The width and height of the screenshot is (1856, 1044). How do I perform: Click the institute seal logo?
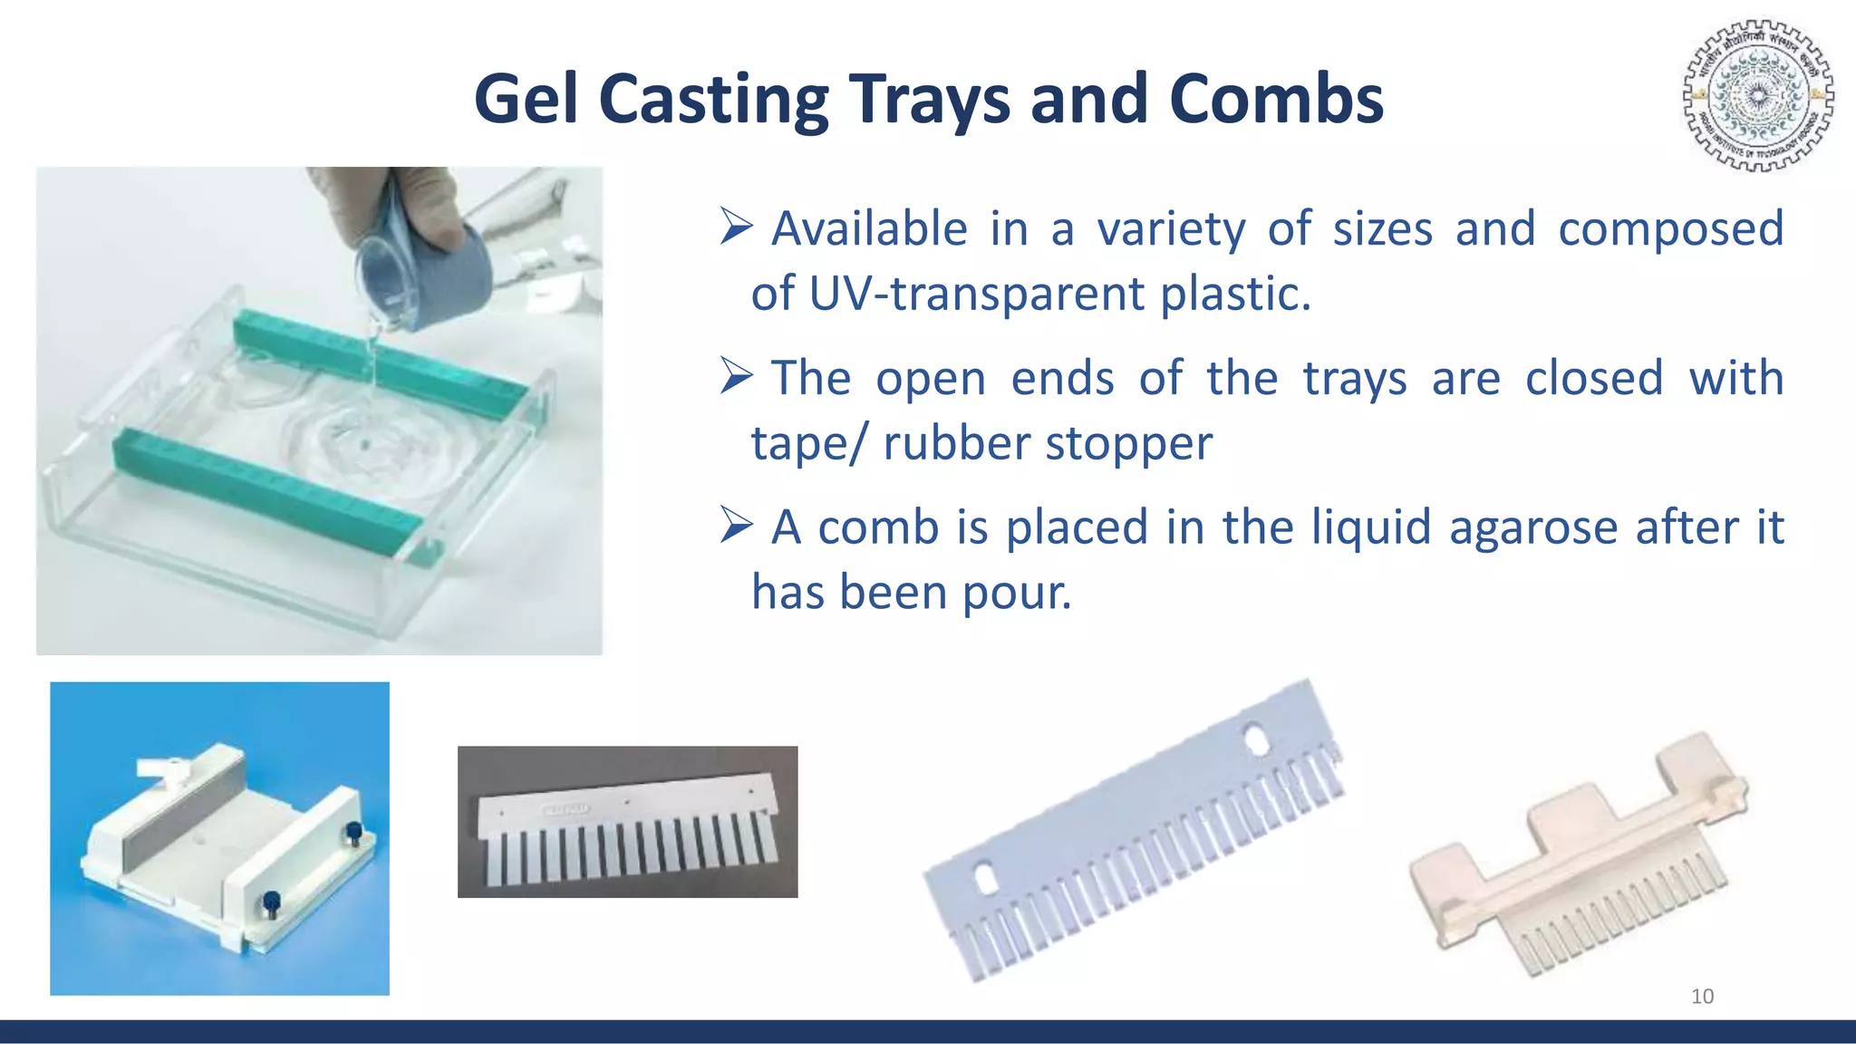tap(1758, 95)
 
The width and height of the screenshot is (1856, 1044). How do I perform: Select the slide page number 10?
tap(1702, 996)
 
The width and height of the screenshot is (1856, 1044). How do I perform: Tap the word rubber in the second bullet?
tap(956, 443)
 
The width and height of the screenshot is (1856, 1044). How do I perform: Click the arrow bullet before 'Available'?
tap(736, 226)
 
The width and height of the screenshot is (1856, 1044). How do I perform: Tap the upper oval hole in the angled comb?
tap(1256, 739)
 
